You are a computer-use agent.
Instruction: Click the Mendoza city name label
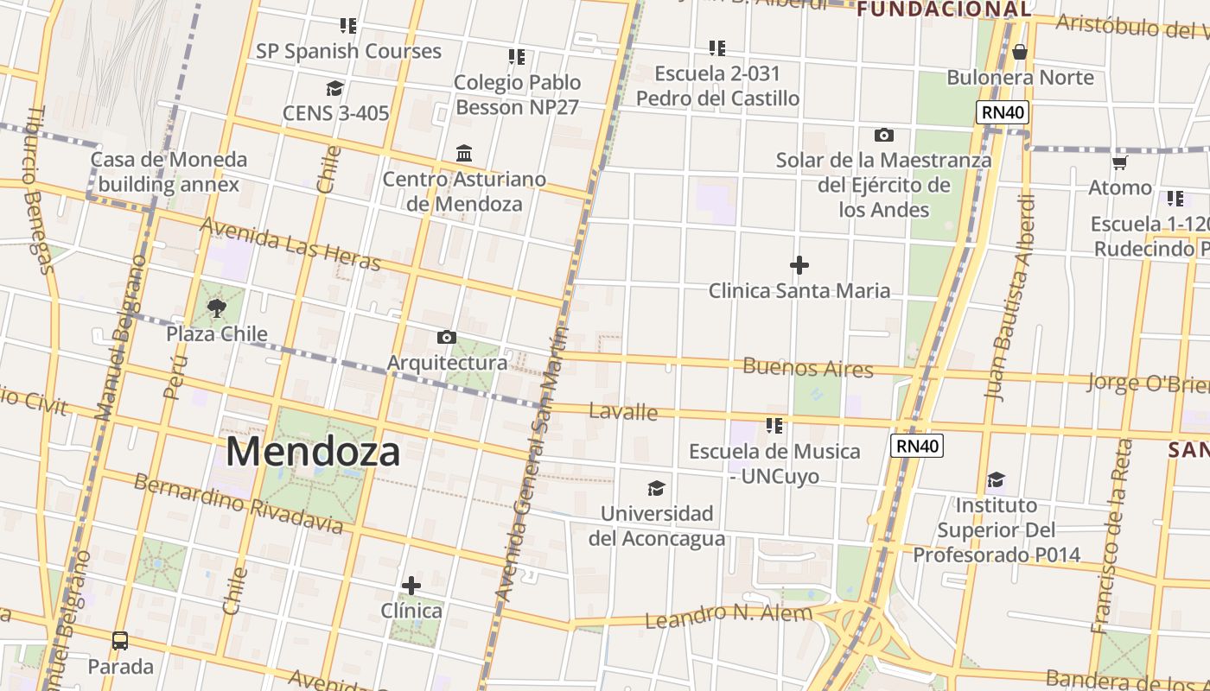coord(313,452)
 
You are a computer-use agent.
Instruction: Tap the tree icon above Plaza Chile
coord(216,307)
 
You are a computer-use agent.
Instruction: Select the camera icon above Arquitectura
coord(446,337)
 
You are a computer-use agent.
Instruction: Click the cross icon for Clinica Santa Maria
coord(799,264)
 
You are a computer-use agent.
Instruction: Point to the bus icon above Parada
coord(120,641)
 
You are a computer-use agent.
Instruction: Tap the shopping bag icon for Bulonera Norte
coord(1020,52)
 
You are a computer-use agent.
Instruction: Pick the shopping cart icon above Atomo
coord(1119,162)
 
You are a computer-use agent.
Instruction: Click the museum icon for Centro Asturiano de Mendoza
coord(464,154)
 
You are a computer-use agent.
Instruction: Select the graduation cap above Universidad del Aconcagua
coord(657,488)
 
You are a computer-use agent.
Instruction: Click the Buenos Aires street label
coord(808,368)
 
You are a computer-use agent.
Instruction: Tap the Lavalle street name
coord(623,412)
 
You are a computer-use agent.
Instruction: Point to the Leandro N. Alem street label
coord(729,616)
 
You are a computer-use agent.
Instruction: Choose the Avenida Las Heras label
coord(290,243)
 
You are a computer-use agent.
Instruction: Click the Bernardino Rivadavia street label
coord(238,503)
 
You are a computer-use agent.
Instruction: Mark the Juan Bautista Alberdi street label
coord(1010,297)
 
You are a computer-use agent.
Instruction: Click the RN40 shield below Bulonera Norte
coord(1003,112)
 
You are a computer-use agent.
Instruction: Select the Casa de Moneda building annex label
coord(169,172)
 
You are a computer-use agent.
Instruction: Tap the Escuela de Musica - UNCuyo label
coord(774,463)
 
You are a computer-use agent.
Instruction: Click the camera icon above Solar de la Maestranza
coord(883,135)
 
